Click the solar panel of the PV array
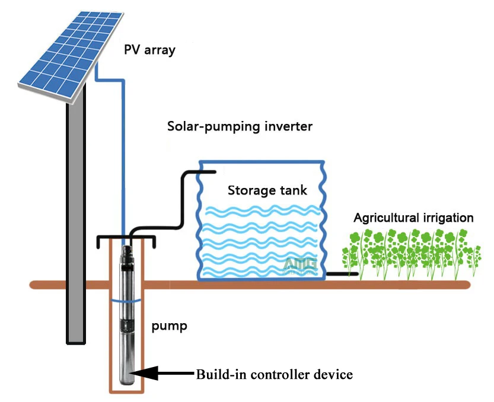click(x=71, y=57)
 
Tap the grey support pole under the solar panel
click(x=76, y=221)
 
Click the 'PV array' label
click(x=149, y=50)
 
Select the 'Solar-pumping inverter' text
click(x=240, y=127)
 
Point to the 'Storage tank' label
click(x=267, y=190)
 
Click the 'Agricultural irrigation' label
click(x=413, y=218)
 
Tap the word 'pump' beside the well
click(x=169, y=326)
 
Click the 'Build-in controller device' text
click(x=275, y=375)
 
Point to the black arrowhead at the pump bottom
click(x=144, y=373)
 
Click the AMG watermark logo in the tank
click(x=300, y=266)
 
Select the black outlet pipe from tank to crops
click(x=342, y=274)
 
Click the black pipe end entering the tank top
click(x=213, y=172)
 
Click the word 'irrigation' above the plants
click(x=448, y=218)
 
